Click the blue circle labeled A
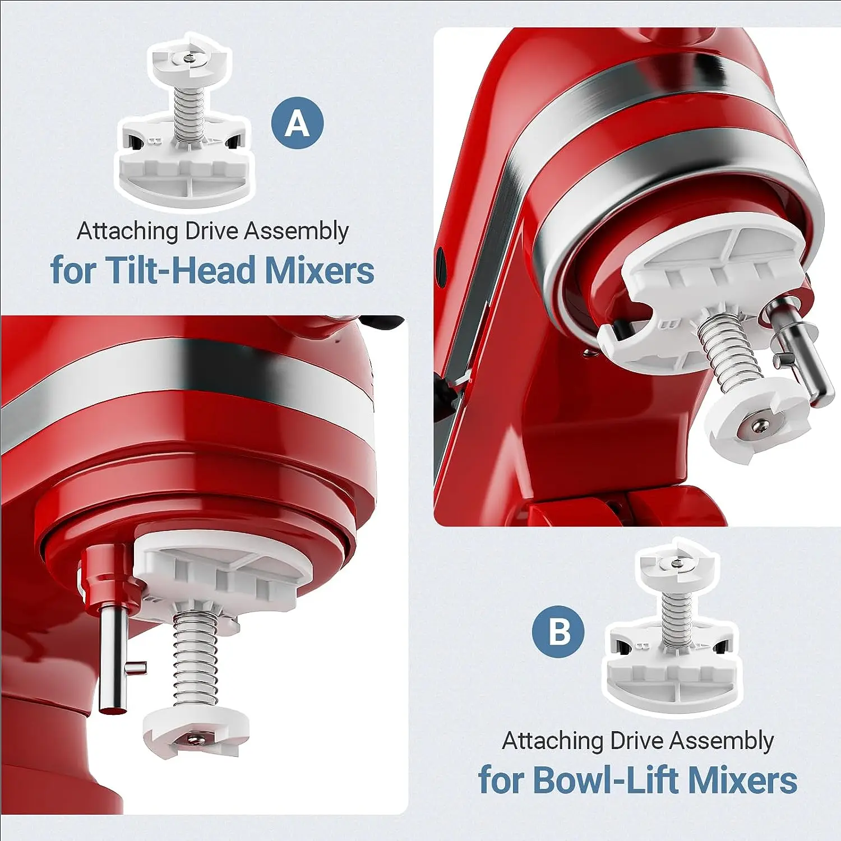pyautogui.click(x=297, y=123)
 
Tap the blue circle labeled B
pyautogui.click(x=558, y=631)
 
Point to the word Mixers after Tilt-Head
pyautogui.click(x=319, y=270)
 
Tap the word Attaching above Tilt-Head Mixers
pyautogui.click(x=127, y=231)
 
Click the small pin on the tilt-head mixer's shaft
pyautogui.click(x=136, y=667)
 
